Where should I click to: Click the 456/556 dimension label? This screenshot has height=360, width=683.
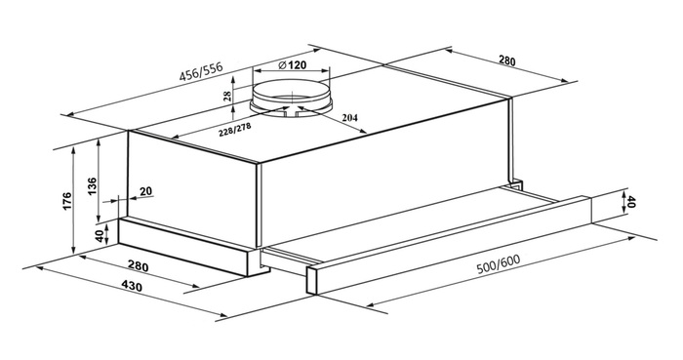coord(201,72)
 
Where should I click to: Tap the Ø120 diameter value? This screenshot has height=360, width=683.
coord(292,65)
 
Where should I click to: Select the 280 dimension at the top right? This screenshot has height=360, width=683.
coord(506,60)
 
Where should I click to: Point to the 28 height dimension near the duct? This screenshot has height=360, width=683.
coord(227,97)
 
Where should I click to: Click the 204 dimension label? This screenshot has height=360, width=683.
coord(349,117)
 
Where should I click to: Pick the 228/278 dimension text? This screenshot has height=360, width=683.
coord(236,130)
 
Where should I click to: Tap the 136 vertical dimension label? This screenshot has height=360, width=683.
coord(92,186)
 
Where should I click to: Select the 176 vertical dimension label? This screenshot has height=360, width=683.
coord(66,201)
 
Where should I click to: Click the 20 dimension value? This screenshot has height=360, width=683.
coord(146,190)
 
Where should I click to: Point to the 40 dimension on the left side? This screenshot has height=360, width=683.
coord(100,236)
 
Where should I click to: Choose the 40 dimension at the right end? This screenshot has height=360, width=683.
coord(631,202)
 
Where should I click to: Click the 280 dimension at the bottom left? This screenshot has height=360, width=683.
coord(139,265)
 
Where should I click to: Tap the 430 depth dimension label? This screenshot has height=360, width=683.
coord(132,286)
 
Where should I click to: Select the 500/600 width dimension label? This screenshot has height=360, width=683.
coord(499,263)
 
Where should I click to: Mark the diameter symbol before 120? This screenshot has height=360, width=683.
coord(281,65)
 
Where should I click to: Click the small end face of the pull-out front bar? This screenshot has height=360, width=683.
coord(311,281)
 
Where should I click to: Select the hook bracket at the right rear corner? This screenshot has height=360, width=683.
coord(517,184)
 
